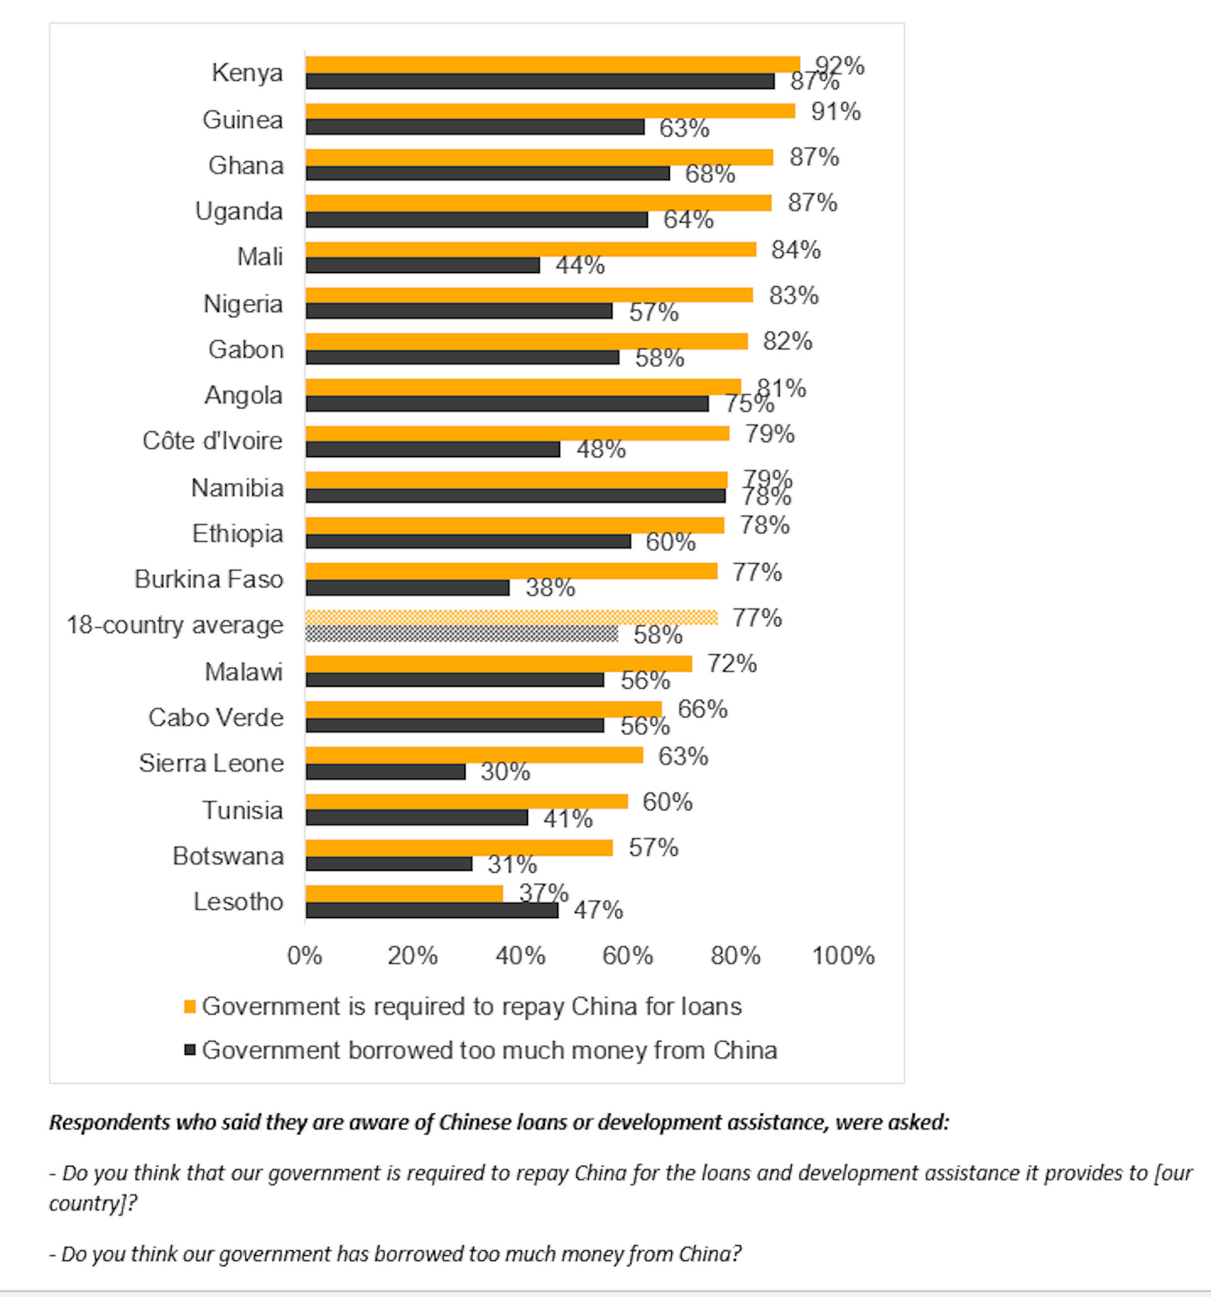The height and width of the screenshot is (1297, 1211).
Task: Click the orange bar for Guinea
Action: point(550,111)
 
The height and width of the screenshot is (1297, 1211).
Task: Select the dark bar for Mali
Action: point(423,265)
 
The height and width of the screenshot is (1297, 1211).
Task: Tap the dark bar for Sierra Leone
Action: point(385,772)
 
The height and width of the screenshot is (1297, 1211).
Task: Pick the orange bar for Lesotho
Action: point(404,893)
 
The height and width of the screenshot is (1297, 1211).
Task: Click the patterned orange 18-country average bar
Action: point(512,617)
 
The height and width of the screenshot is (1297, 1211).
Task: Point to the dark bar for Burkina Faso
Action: point(408,588)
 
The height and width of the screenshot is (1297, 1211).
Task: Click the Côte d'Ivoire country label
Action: point(213,441)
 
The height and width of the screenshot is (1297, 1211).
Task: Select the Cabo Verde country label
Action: point(216,718)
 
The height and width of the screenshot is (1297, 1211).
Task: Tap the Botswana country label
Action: point(228,856)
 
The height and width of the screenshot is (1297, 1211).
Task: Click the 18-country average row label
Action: point(175,625)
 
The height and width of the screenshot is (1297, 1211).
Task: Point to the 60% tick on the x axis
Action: point(627,956)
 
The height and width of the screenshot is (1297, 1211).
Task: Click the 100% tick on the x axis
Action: point(843,956)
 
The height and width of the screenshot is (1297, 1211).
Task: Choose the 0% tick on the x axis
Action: point(305,956)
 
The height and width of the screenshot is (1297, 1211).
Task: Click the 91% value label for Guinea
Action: point(835,112)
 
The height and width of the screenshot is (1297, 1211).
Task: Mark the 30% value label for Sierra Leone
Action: point(505,772)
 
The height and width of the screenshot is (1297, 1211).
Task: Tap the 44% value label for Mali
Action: point(580,265)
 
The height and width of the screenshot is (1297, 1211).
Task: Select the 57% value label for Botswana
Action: point(653,847)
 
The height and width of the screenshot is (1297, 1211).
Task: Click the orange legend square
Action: point(190,1007)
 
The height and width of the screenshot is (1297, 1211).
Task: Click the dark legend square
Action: point(190,1050)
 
